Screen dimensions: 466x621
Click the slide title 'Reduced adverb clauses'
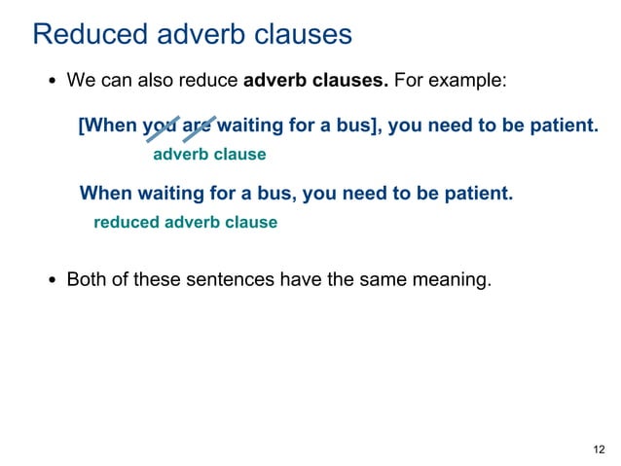pos(192,35)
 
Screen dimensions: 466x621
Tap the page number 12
pos(598,448)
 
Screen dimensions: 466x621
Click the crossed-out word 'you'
pos(161,127)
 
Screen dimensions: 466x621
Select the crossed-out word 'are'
pos(198,127)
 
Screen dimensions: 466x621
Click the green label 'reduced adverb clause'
pos(185,222)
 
